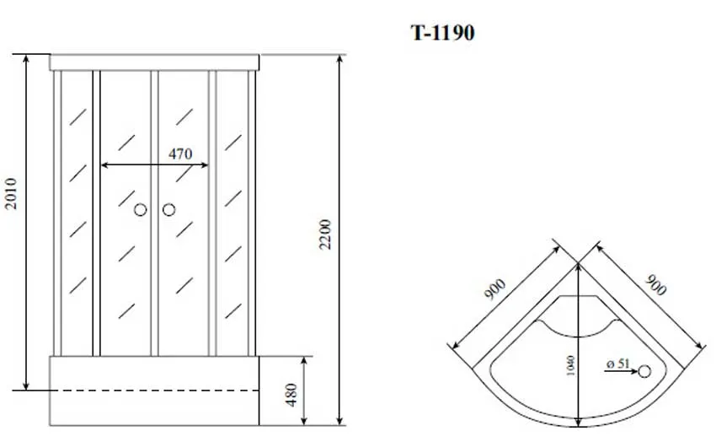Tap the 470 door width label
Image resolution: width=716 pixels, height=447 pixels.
[x=180, y=153]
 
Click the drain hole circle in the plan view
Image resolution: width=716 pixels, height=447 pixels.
[x=645, y=369]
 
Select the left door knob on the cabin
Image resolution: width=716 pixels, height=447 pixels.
[x=140, y=209]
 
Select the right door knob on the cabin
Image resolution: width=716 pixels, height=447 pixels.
[x=169, y=209]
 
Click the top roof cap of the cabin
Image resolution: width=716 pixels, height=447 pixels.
[x=155, y=62]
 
